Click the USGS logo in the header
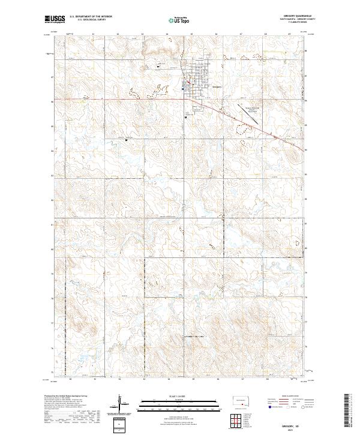pos(55,19)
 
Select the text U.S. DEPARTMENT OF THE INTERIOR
pos(91,17)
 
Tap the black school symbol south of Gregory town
pos(186,118)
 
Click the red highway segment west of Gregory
pos(120,99)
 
